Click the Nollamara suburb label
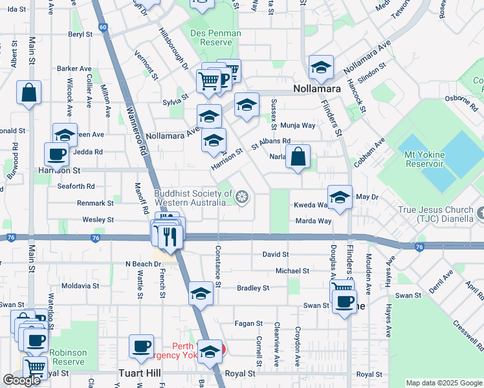point(317,88)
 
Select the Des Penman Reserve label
point(215,38)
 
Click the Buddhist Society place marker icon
point(242,197)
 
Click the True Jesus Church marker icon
point(479,212)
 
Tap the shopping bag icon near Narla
point(298,157)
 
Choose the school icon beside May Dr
point(339,198)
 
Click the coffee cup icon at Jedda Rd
point(56,155)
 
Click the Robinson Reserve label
point(68,357)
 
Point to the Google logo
point(21,380)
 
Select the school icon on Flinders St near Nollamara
point(321,67)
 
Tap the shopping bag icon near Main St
point(29,92)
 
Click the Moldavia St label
point(80,285)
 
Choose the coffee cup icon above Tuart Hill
point(141,347)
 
